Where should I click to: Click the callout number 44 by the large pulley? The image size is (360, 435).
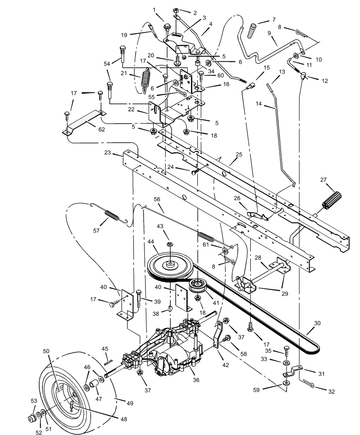point(150,241)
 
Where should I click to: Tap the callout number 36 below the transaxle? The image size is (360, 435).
point(196,380)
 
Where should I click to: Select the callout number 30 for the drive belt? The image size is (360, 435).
point(317,323)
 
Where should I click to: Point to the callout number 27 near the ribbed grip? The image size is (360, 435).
point(323,179)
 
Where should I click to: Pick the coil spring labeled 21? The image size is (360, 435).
point(145,80)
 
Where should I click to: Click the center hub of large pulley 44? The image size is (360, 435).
point(171,265)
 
